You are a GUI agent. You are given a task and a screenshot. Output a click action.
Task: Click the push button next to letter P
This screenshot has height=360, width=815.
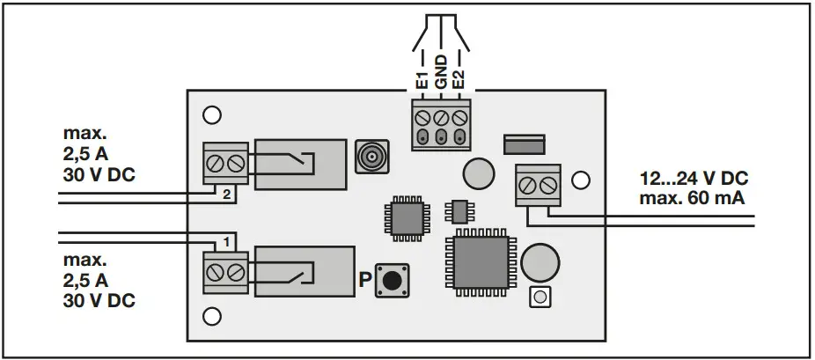pyautogui.click(x=391, y=281)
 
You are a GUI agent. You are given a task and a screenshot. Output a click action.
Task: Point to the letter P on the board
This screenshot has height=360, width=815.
pyautogui.click(x=365, y=282)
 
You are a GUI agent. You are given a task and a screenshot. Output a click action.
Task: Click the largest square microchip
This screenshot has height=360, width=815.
pyautogui.click(x=481, y=265)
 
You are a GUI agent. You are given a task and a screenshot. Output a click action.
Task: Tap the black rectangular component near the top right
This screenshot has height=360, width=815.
pyautogui.click(x=525, y=143)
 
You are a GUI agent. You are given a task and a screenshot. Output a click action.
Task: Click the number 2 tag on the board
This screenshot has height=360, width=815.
pyautogui.click(x=227, y=195)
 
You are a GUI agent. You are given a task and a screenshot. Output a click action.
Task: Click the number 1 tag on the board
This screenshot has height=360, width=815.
pyautogui.click(x=227, y=240)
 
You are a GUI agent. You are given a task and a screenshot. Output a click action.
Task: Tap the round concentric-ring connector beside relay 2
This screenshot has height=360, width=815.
pyautogui.click(x=371, y=159)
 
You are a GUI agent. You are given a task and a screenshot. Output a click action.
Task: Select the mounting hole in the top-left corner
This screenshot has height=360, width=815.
pyautogui.click(x=211, y=115)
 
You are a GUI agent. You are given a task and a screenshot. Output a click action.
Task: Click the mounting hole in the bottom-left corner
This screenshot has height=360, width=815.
pyautogui.click(x=211, y=315)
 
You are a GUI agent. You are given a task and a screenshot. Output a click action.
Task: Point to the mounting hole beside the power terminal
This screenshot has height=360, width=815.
pyautogui.click(x=580, y=180)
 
